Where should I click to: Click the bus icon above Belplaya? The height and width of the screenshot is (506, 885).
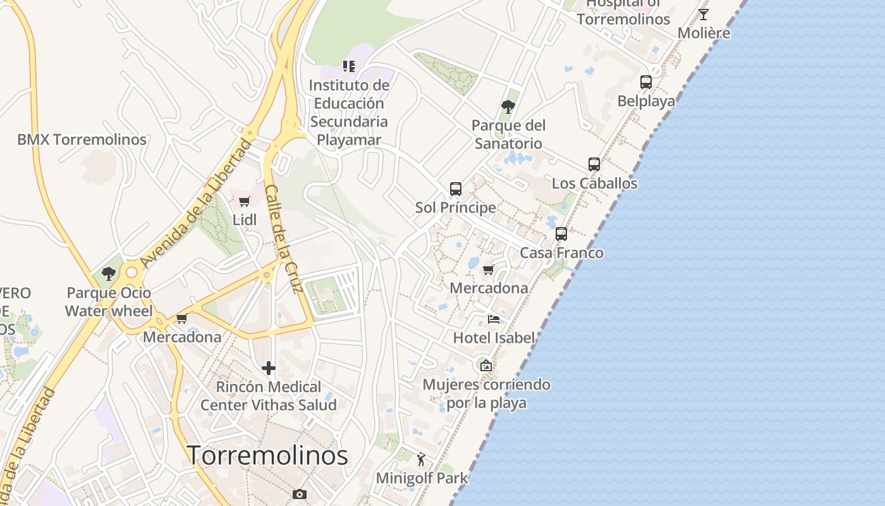pos(645,82)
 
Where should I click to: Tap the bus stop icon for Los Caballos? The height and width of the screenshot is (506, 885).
pos(594,164)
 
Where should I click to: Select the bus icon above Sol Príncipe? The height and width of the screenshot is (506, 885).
pos(456,188)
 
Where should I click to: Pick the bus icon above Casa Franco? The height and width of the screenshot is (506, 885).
pos(561,234)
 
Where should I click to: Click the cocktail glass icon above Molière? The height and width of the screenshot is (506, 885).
pos(704,14)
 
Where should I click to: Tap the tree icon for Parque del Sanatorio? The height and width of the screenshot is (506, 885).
pos(508,106)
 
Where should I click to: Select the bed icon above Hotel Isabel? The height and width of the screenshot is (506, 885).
pos(494,319)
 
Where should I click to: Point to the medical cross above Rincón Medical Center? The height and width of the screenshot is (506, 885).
pos(269,368)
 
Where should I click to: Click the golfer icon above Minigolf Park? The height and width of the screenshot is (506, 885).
pos(422,459)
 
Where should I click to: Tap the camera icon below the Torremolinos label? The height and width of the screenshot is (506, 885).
pos(300,494)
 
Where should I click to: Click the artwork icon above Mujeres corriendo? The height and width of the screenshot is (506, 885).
pos(485,366)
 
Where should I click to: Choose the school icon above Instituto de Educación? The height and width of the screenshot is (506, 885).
pos(349,66)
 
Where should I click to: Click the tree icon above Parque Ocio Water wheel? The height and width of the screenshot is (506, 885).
pos(109,274)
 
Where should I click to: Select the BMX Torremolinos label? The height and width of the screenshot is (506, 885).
pos(82,140)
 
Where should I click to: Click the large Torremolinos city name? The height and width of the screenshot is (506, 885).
pos(267,455)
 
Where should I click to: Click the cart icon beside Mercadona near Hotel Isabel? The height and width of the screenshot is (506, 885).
pos(488,270)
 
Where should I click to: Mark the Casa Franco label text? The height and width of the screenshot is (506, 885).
pos(561,253)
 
